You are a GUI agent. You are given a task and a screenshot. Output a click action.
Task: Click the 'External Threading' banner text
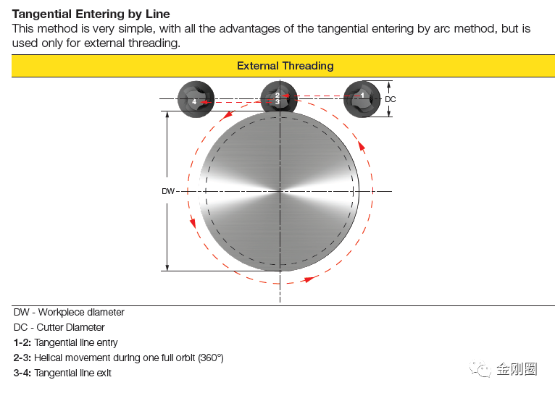[x=285, y=66]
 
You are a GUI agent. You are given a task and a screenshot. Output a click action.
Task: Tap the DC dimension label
[x=390, y=99]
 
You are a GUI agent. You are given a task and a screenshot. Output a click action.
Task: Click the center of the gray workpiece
[x=279, y=191]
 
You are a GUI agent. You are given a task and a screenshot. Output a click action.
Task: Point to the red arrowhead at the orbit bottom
[x=309, y=279]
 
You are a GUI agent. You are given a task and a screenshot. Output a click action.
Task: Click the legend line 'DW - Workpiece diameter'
[x=69, y=313]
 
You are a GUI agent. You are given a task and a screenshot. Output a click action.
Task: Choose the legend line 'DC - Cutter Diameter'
[x=59, y=328]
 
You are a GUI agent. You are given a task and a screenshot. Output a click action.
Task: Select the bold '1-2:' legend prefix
[x=22, y=342]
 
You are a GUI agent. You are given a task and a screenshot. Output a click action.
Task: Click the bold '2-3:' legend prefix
[x=22, y=358]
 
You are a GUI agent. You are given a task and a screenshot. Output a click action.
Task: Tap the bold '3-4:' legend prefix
[x=22, y=373]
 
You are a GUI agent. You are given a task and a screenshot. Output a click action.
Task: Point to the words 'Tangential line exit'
[x=73, y=373]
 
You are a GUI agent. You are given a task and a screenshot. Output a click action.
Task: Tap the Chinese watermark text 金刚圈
[x=517, y=369]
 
